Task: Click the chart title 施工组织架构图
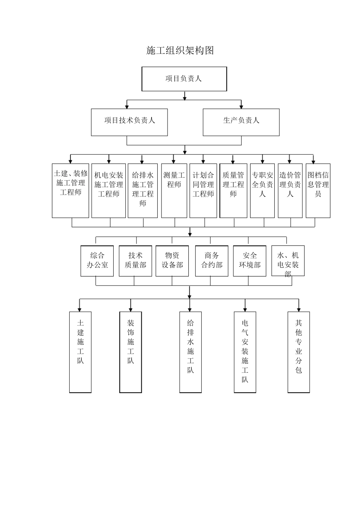pos(180,50)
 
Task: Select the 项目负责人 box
pos(184,79)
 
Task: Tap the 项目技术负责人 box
pos(129,122)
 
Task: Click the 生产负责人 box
pos(241,122)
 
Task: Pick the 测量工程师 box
pos(174,190)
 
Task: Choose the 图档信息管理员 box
pos(318,190)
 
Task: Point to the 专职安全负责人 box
pos(262,190)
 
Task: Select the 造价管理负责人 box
pos(290,190)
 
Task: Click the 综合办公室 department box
pos(97,261)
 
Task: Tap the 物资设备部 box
pos(172,261)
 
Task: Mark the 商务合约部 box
pos(211,261)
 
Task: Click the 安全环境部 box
pos(249,261)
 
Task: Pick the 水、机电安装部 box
pos(288,261)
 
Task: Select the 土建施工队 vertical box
pos(80,352)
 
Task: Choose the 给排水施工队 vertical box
pos(190,352)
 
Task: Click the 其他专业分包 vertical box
pos(299,352)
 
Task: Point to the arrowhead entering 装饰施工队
pos(131,309)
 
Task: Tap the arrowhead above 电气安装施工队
pos(245,309)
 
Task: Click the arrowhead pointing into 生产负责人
pos(241,106)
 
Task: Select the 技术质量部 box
pos(135,261)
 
